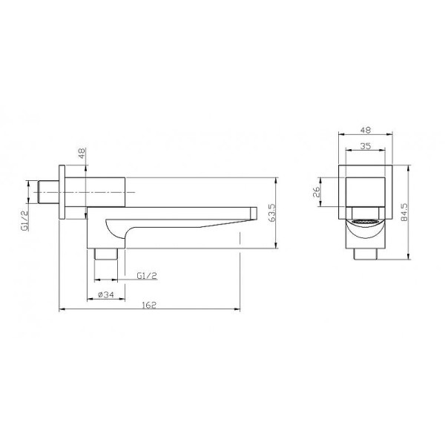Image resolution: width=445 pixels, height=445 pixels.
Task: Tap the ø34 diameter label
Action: (106, 296)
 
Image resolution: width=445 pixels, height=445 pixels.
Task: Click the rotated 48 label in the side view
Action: (82, 156)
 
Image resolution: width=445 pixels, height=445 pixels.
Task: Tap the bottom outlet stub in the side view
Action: (108, 252)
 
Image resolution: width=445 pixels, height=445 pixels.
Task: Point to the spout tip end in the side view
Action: (254, 214)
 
